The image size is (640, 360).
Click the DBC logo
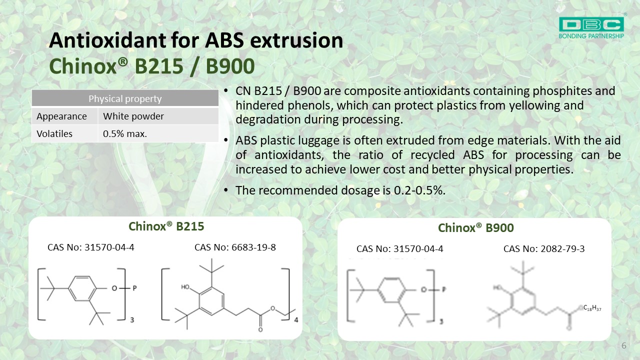[x=591, y=27]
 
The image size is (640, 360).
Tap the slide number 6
[x=623, y=345]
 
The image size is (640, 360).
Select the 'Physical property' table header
[x=125, y=98]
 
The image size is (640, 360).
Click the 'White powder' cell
[x=133, y=116]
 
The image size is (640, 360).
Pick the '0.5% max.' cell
[x=125, y=133]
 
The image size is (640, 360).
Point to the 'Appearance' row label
[x=61, y=116]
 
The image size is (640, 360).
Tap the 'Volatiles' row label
[x=54, y=133]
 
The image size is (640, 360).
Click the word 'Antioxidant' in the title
[x=107, y=40]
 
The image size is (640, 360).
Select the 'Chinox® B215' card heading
[x=166, y=226]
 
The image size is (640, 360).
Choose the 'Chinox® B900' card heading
[x=476, y=228]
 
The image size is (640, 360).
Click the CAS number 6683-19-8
[x=253, y=247]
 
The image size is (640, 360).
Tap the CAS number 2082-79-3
[x=562, y=249]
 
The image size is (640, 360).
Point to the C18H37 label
[x=592, y=308]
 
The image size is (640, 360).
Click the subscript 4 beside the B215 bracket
[x=296, y=320]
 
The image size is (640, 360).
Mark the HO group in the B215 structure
[x=185, y=287]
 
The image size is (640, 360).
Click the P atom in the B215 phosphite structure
[x=135, y=288]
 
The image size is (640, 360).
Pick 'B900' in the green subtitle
[x=230, y=66]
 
